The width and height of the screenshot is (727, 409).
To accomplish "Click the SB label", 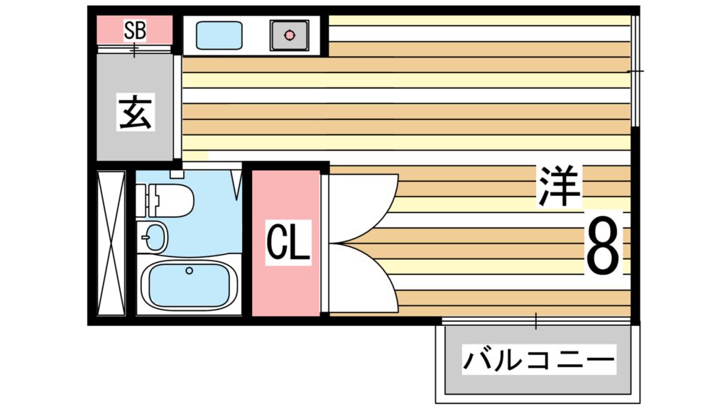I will pos(135,30).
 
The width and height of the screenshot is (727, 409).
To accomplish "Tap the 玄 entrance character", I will pos(135,113).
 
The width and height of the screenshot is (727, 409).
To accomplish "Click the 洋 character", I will pos(559,186).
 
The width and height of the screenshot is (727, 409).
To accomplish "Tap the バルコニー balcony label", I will pos(537,361).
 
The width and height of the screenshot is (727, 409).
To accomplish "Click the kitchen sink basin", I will pos(219,34).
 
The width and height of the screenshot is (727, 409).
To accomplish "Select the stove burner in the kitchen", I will pos(289,34).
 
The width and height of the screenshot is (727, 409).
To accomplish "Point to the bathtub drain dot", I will pos(189,271).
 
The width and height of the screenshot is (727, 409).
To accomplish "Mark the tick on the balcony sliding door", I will pos(536,322).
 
